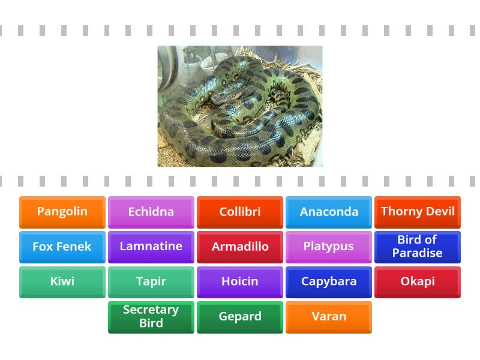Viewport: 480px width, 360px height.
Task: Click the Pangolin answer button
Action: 62,212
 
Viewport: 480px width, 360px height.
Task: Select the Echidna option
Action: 151,212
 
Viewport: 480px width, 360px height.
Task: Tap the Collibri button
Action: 239,212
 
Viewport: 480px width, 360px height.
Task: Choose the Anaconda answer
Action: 329,212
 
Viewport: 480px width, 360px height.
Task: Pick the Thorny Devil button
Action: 418,212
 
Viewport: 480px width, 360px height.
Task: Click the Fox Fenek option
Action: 62,247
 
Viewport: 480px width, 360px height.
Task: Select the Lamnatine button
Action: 151,247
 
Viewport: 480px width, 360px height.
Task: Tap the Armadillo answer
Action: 239,247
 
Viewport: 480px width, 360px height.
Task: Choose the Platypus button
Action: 329,247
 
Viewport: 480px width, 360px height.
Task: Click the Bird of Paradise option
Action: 418,247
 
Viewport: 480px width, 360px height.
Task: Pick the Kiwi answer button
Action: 62,281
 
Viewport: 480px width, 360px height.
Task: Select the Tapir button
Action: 151,281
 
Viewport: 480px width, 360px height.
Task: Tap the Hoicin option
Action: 239,281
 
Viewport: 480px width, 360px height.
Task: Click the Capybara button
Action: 329,281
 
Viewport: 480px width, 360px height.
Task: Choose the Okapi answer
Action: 418,281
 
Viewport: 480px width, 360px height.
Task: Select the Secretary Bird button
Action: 151,317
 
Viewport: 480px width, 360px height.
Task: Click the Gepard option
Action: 239,317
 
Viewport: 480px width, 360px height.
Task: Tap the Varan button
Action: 329,317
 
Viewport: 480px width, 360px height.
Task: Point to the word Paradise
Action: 418,253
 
